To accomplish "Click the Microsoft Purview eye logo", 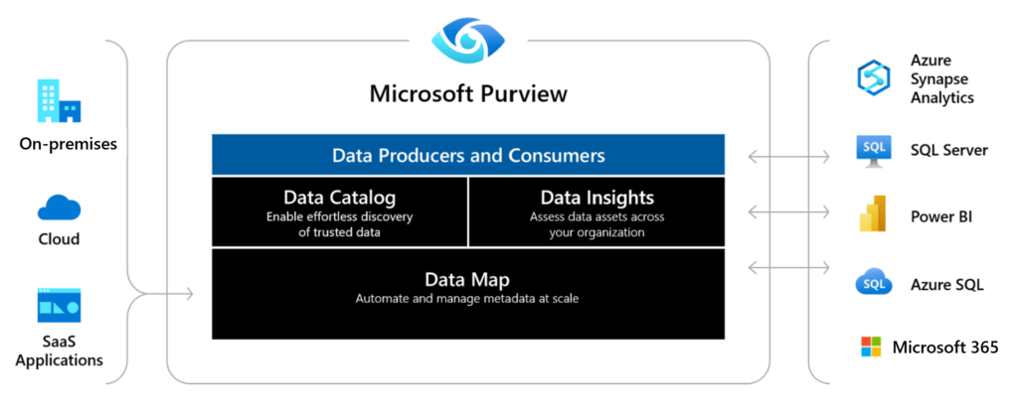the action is click(468, 40).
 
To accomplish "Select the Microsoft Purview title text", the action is click(468, 94).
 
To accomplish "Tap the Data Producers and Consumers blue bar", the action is click(468, 155).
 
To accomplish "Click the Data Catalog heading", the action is click(340, 197).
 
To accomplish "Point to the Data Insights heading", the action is click(596, 197).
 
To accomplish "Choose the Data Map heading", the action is click(467, 279).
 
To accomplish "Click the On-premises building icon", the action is click(59, 101).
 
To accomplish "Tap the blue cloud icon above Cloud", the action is click(59, 208).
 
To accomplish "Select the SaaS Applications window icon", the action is click(59, 305).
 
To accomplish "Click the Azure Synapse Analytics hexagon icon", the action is click(873, 77).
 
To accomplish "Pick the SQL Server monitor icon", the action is click(873, 151).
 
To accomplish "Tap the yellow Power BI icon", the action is click(873, 213).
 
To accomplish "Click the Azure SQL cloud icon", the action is click(873, 283).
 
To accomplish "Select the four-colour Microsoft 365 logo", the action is click(871, 347).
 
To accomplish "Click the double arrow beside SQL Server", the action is click(788, 156).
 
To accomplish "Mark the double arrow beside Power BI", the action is click(788, 211).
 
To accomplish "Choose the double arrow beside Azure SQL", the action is click(788, 267).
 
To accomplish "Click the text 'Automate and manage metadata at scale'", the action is click(467, 300).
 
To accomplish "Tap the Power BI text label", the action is click(941, 216).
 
